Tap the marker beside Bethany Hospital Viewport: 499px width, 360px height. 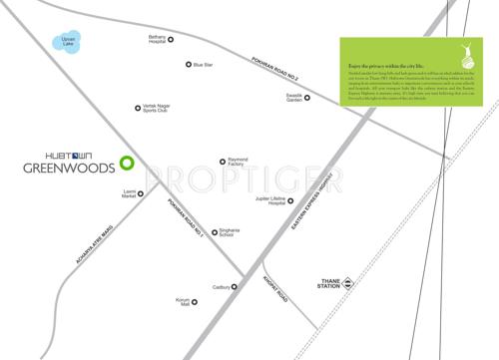click(171, 40)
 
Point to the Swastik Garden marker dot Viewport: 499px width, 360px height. click(307, 98)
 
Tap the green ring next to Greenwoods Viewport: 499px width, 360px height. click(126, 162)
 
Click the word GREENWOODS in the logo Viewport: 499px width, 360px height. click(66, 169)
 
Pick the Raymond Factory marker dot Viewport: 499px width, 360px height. click(223, 162)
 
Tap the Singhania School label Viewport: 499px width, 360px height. click(234, 234)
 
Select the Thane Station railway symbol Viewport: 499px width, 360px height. click(348, 284)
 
